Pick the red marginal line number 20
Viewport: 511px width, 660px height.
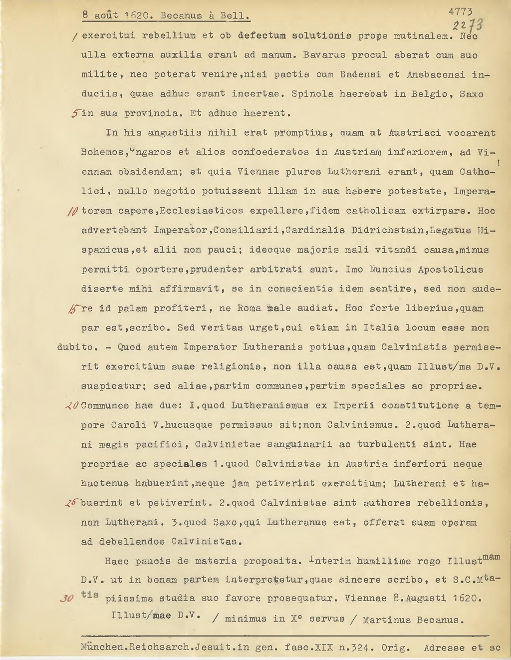[72, 405]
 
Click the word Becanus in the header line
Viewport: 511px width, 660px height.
[181, 16]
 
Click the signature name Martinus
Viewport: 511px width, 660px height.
[387, 620]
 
